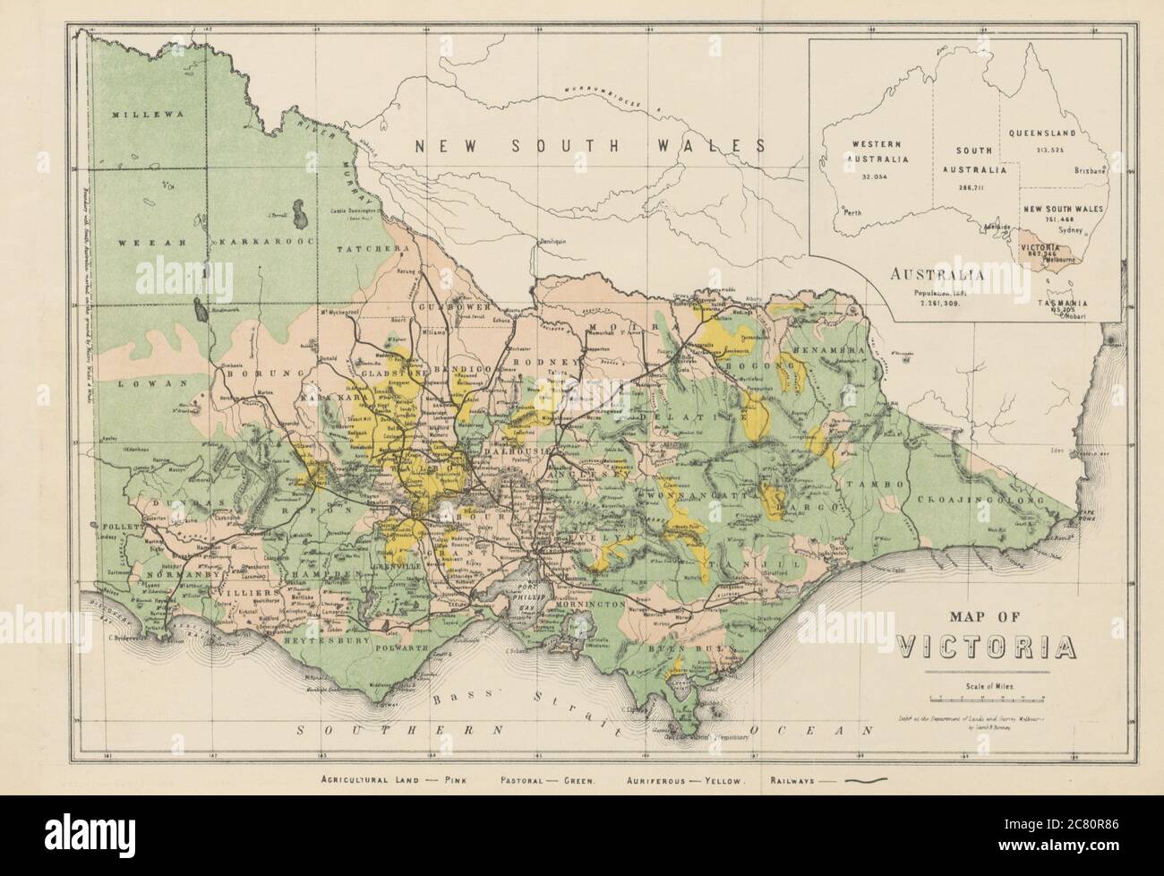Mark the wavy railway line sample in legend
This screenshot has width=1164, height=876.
pyautogui.click(x=858, y=780)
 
